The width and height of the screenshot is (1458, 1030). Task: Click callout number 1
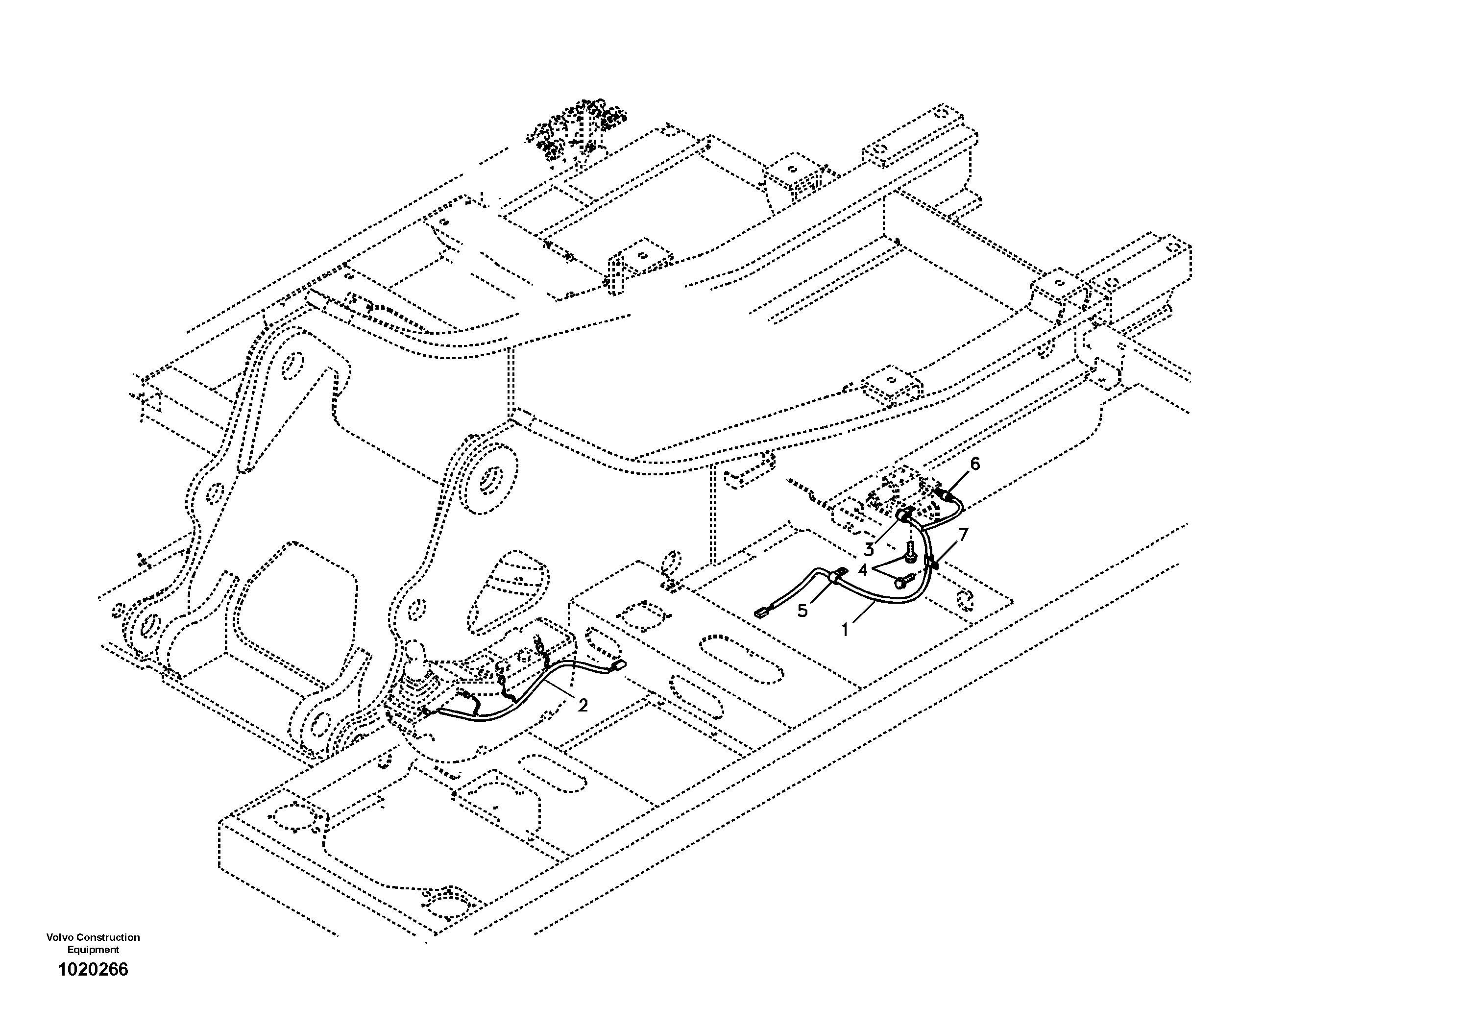coord(845,630)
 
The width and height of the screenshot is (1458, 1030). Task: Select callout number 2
coord(583,704)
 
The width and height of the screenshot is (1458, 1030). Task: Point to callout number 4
coord(862,570)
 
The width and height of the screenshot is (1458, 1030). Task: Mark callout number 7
coord(963,535)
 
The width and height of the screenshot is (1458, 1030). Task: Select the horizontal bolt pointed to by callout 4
coord(902,580)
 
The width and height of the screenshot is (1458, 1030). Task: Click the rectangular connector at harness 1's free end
coord(761,613)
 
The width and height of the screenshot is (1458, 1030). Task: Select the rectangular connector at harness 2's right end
coord(618,665)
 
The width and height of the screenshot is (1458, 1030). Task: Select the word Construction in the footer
coord(108,937)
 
